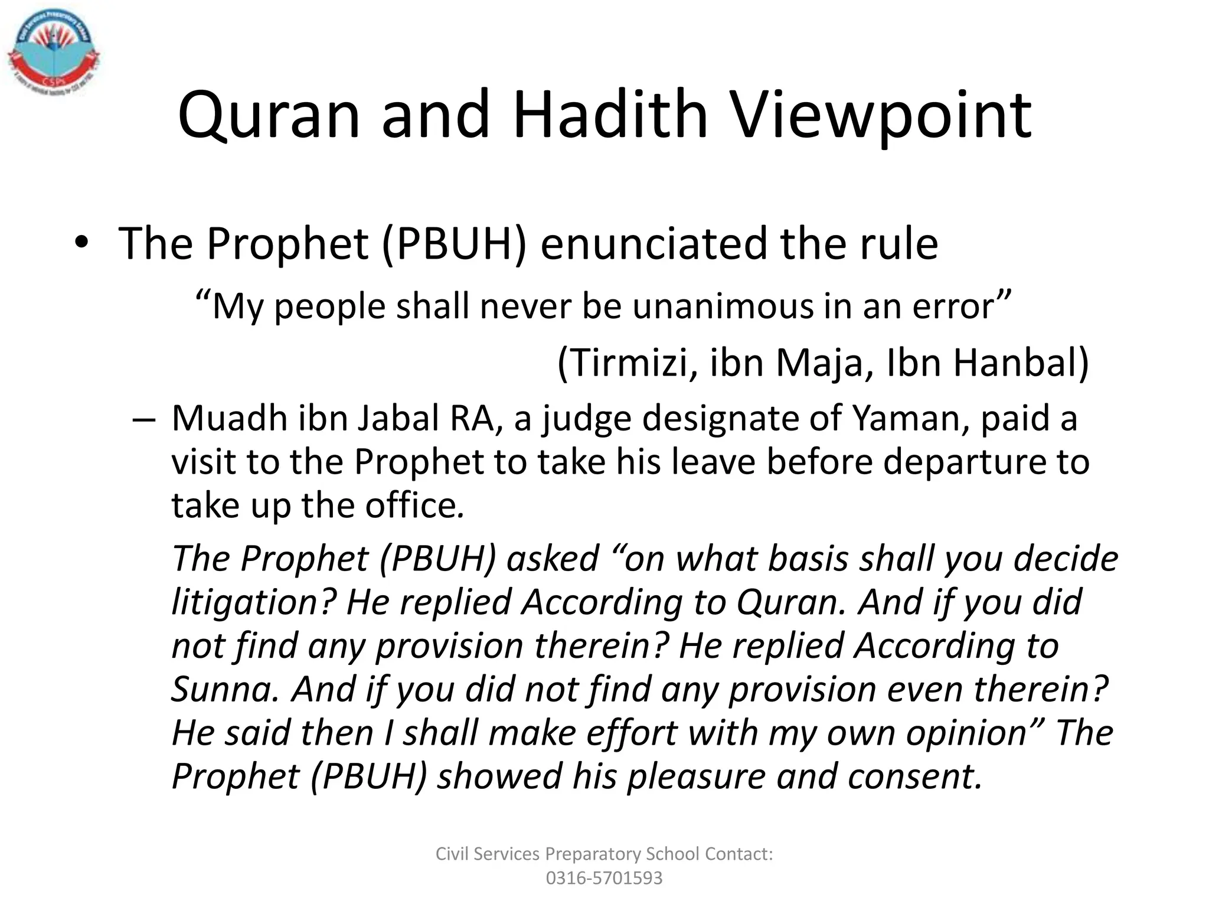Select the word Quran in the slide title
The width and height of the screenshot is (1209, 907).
point(269,115)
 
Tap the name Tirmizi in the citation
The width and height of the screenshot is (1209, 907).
point(628,363)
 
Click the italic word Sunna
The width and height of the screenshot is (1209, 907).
point(224,689)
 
